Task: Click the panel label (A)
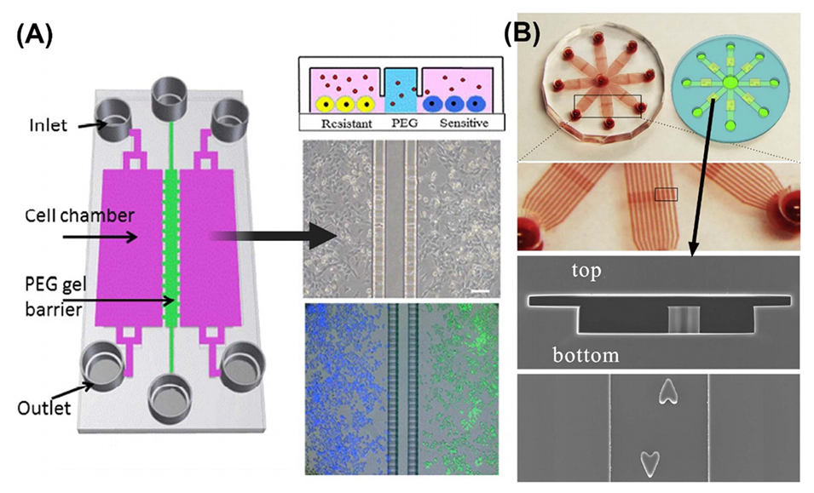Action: (x=32, y=35)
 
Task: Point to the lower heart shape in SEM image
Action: (x=650, y=461)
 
